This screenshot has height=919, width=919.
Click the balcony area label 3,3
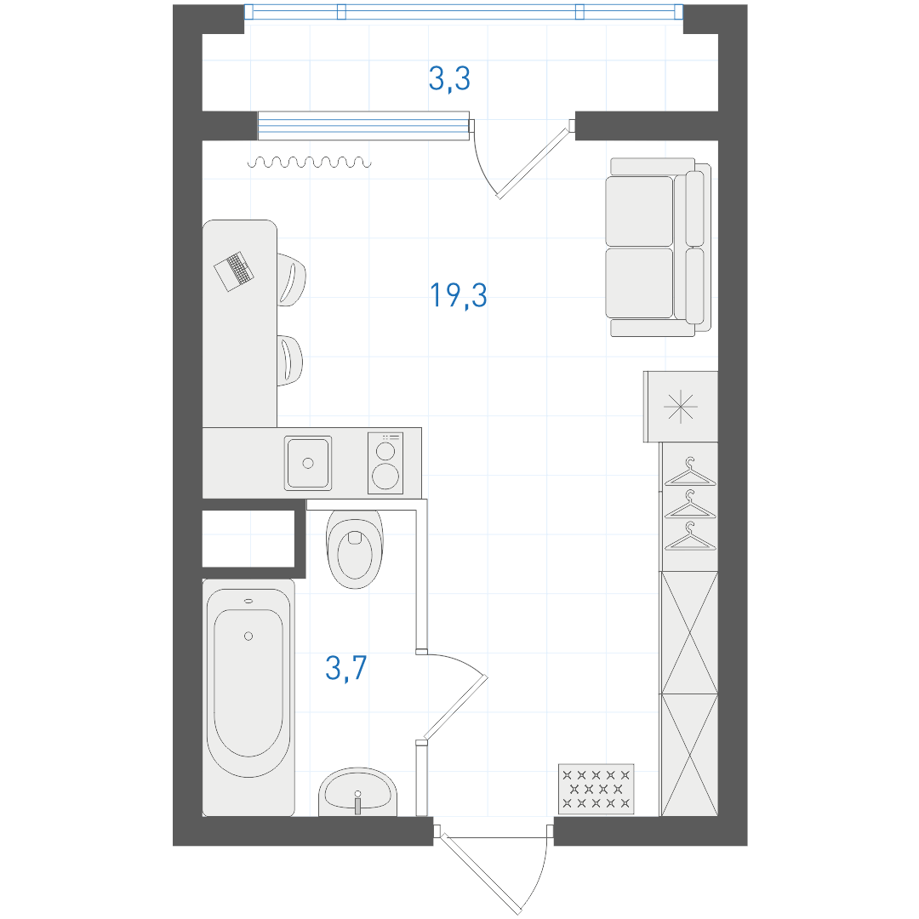[x=449, y=79]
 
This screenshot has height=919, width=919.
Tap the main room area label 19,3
[x=459, y=294]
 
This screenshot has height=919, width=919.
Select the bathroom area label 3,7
[x=345, y=668]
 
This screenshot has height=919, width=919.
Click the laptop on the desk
[x=234, y=271]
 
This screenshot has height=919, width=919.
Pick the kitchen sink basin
[x=308, y=463]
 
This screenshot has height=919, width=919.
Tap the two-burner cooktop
[x=385, y=463]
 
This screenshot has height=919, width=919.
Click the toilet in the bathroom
[x=355, y=549]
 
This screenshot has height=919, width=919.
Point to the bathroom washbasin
[x=357, y=791]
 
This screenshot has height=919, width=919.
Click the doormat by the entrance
[x=596, y=789]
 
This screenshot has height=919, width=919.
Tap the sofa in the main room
[x=658, y=247]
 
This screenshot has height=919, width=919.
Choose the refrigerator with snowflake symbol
[x=681, y=406]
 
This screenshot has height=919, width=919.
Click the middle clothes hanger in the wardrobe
[x=690, y=505]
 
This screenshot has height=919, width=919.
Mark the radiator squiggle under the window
[x=310, y=163]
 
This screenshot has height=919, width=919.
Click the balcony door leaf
[x=534, y=163]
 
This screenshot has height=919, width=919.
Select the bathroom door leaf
[x=455, y=708]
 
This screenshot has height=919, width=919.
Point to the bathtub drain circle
[x=248, y=636]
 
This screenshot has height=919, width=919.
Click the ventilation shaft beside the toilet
[x=248, y=539]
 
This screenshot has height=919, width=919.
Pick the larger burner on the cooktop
[x=385, y=476]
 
